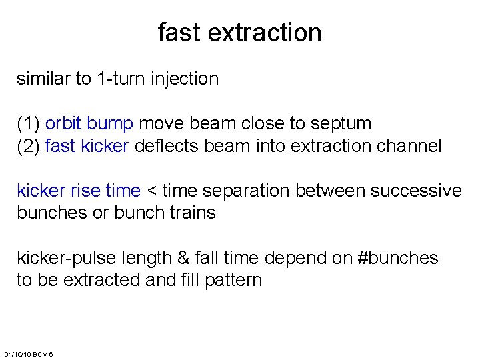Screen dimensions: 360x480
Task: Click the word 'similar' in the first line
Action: click(43, 79)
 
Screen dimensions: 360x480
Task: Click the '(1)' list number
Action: click(29, 124)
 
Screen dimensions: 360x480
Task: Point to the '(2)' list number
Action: click(29, 146)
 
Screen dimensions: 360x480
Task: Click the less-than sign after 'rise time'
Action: click(151, 191)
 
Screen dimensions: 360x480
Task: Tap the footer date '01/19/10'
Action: click(17, 353)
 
